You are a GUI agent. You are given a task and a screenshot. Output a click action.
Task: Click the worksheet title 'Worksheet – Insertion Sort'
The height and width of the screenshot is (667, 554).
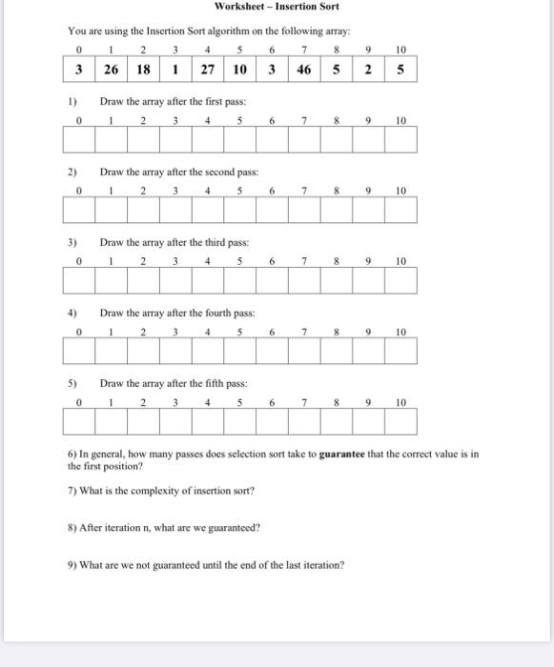277,7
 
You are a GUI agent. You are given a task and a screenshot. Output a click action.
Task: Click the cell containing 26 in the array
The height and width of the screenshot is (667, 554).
112,69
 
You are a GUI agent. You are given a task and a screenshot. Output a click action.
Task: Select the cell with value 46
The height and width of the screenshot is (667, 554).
304,69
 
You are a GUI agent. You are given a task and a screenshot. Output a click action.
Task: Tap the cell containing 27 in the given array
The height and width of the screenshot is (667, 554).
208,69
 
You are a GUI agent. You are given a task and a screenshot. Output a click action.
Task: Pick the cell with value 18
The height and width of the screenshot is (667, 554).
144,69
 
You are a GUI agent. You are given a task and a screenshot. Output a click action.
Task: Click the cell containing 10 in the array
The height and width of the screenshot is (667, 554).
240,69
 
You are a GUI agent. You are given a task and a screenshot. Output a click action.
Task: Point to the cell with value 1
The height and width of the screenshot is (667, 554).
176,69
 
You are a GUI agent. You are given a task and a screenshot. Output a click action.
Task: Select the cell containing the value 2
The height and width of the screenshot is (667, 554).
369,69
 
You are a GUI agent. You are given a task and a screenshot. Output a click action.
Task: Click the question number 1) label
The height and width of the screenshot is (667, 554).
72,101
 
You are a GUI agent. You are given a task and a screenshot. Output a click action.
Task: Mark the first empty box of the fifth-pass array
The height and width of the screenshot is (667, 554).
80,420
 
